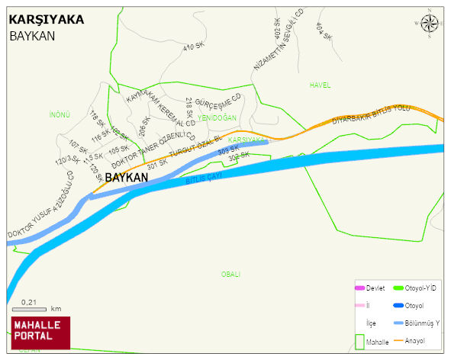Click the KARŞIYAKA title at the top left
[x=46, y=20]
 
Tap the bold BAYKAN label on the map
[x=126, y=178]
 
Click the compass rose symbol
[x=430, y=23]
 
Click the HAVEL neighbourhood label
[x=320, y=85]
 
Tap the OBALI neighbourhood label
[x=230, y=274]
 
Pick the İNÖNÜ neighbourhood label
[x=60, y=114]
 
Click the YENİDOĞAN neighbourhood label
[x=217, y=117]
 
